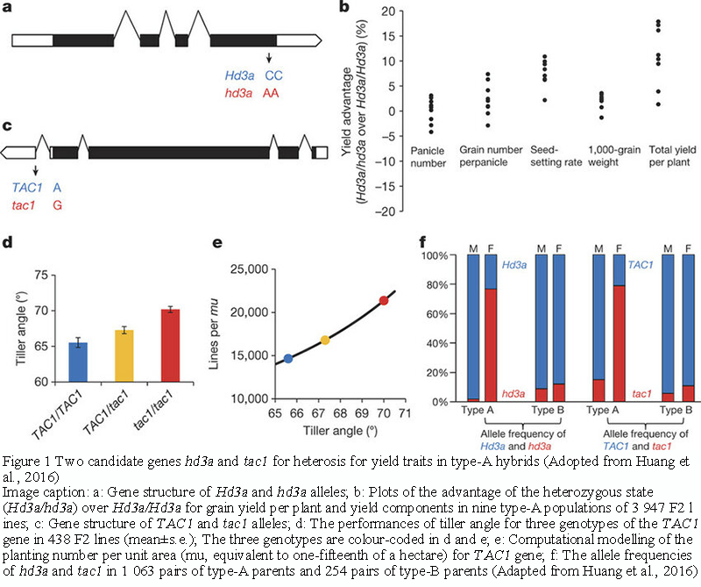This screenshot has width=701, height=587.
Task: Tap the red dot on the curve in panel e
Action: click(x=383, y=301)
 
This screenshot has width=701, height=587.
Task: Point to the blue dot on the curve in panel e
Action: click(x=288, y=358)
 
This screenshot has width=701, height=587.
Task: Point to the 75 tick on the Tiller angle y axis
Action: click(x=39, y=275)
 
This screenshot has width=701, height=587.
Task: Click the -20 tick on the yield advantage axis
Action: click(x=374, y=210)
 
